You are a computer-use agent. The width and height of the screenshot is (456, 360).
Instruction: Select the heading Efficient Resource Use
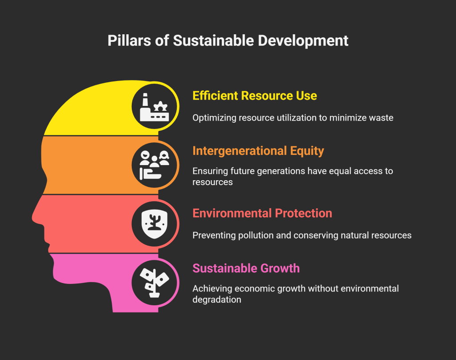coord(254,96)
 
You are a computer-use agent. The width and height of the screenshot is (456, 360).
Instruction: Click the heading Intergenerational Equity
coord(258,151)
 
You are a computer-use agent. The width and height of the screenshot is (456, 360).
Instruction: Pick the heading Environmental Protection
coord(262,213)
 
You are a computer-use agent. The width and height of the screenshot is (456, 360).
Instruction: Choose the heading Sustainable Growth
coord(246,268)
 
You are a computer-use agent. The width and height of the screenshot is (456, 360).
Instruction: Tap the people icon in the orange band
coord(154,164)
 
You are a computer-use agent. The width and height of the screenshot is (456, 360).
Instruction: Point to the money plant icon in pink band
coord(154,280)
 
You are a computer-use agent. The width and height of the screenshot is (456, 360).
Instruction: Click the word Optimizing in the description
coord(213,118)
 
